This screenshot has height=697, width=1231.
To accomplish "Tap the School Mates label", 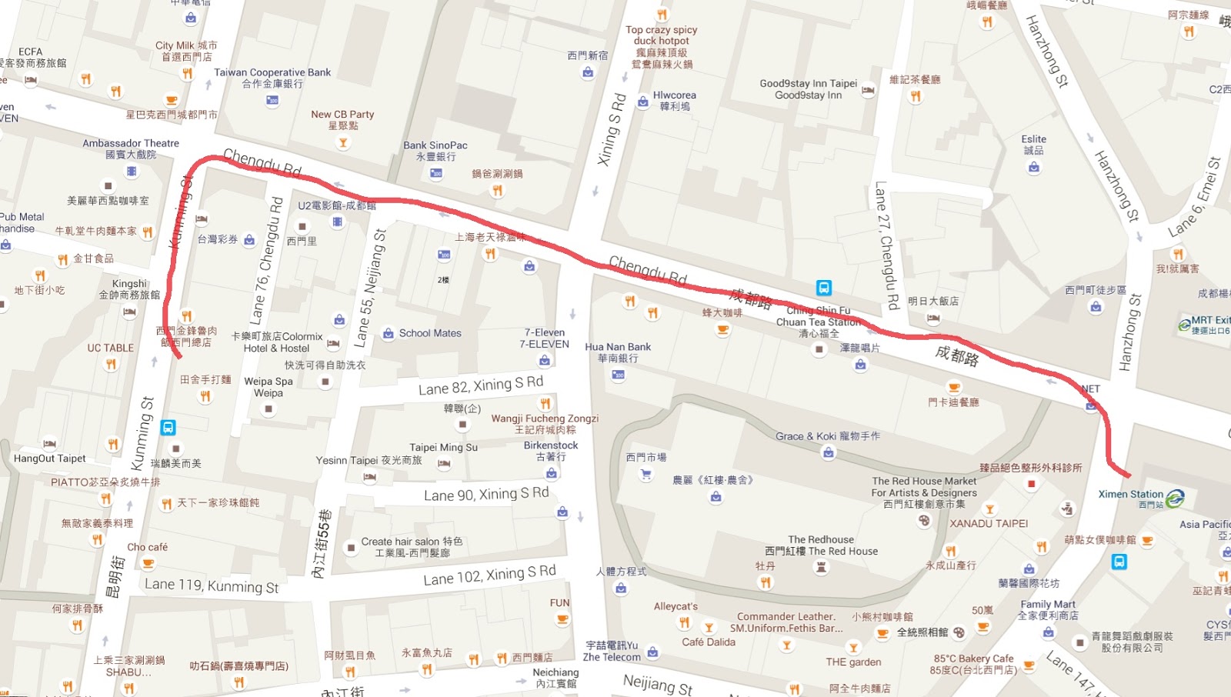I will pos(430,333).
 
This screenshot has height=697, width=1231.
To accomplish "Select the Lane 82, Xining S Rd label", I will pos(481,385).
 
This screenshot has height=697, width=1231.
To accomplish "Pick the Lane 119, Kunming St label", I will pos(212,585).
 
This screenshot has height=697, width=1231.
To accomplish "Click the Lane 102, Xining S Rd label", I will pos(489,575).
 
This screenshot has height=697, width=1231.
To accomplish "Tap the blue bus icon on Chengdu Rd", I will pos(824,288).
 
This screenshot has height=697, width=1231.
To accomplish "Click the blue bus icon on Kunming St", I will pos(168,427).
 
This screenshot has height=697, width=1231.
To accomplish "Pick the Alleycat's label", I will pos(676,606).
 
